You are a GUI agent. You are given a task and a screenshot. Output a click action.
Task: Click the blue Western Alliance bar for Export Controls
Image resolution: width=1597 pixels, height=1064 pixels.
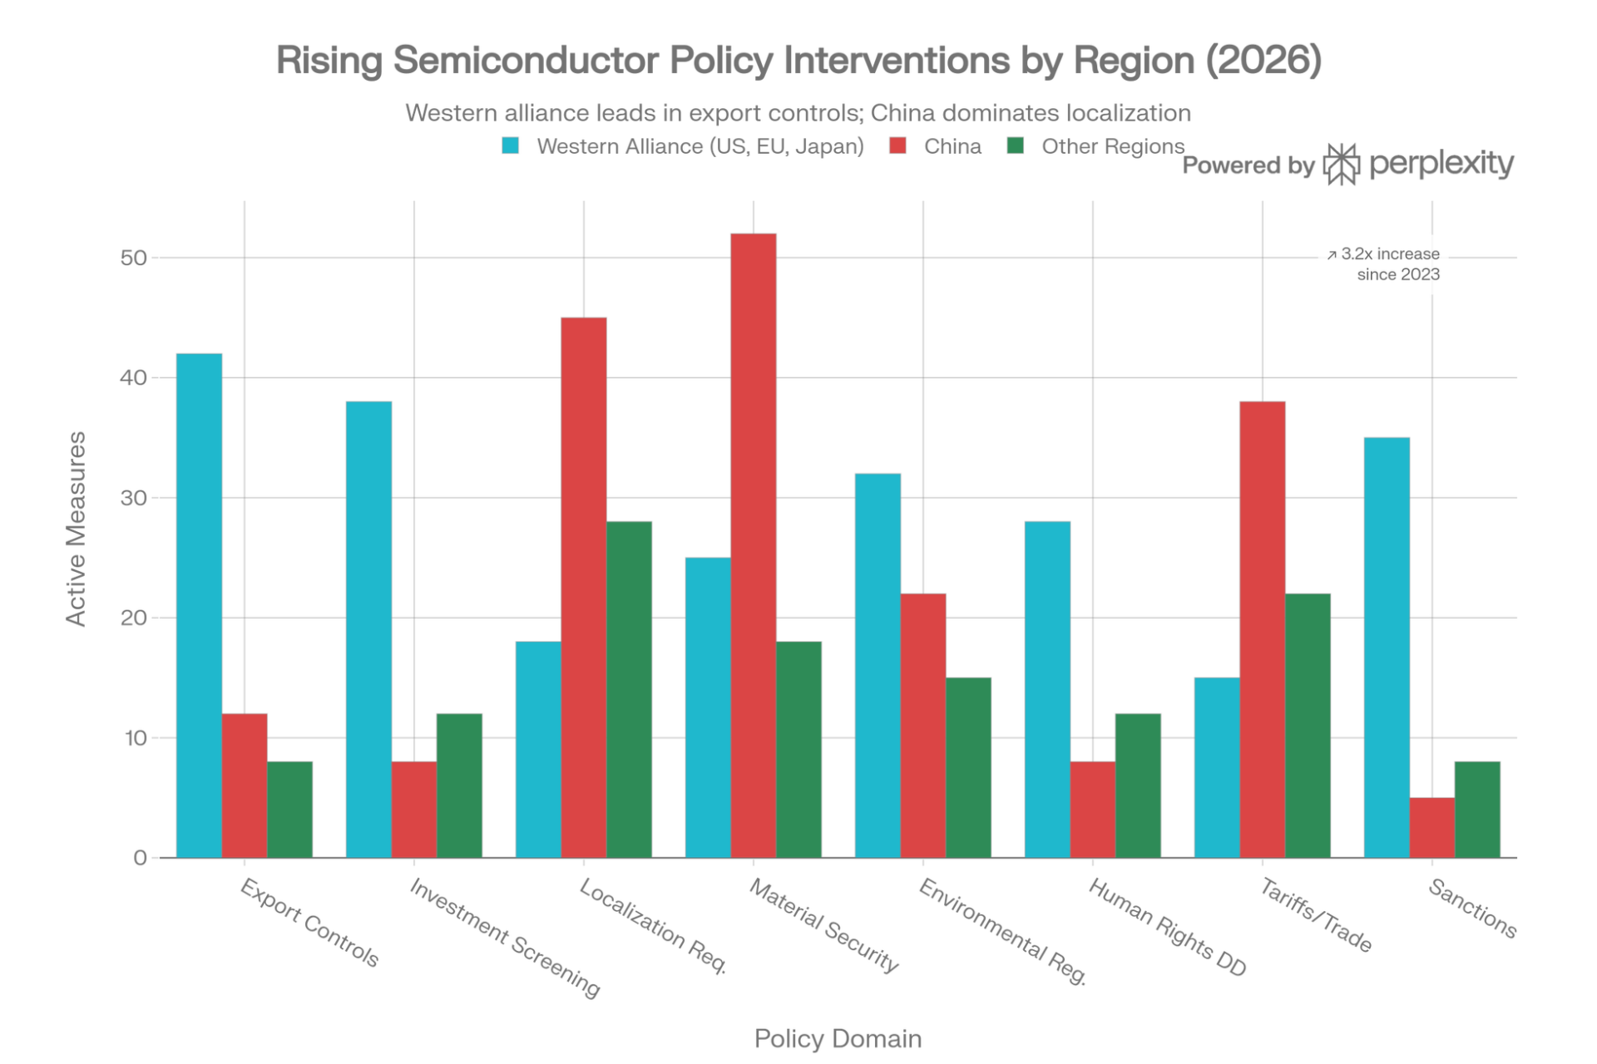coord(200,604)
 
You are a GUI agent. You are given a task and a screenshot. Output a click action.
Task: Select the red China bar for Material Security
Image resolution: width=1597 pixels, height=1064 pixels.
coord(754,544)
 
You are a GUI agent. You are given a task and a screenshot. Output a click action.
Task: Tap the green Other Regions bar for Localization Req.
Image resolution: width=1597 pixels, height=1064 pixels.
coord(630,688)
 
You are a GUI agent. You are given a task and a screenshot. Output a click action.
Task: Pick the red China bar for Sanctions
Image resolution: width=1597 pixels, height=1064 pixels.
coord(1432,827)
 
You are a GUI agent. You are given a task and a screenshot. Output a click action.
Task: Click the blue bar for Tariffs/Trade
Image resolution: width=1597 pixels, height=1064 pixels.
coord(1216,766)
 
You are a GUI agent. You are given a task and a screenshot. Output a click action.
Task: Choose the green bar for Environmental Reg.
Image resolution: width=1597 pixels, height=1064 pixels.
coord(969,766)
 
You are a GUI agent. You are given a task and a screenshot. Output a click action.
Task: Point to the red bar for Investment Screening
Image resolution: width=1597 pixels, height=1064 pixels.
coord(414,808)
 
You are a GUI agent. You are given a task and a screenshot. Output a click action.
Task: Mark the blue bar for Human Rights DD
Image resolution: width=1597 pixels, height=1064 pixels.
coord(1046,688)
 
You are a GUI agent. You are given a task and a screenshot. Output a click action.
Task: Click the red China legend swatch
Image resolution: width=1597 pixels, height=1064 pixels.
coord(898,146)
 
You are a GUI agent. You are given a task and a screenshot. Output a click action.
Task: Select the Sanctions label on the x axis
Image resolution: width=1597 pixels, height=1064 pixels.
coord(1473,909)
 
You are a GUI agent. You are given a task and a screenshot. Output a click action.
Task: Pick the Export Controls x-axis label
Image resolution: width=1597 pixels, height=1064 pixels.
coord(309,922)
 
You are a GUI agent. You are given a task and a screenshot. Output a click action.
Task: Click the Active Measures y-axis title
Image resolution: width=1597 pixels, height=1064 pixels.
coord(76,529)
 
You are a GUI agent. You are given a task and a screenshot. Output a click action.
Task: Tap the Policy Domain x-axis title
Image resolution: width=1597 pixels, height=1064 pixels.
coord(838,1039)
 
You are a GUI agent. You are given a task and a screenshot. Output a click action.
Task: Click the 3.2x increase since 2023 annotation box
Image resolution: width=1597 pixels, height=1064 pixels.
coord(1382,264)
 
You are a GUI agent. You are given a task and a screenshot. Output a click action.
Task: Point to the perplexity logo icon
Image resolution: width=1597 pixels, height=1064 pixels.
coord(1341,165)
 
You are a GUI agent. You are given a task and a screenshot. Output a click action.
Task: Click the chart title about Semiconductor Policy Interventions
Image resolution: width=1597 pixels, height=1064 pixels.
coord(798,61)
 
